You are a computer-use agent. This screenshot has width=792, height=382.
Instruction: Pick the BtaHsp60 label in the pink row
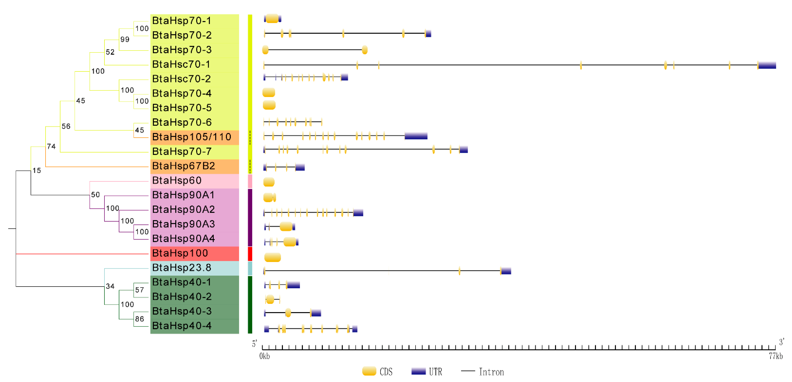point(177,180)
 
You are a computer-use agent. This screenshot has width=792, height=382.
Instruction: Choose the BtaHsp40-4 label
point(182,326)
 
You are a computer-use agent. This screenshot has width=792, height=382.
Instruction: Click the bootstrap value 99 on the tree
point(125,39)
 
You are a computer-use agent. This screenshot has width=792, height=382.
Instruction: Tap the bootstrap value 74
point(51,146)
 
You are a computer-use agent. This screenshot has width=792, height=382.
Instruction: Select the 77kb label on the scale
point(775,356)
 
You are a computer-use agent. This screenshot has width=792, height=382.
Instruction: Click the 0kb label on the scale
point(264,356)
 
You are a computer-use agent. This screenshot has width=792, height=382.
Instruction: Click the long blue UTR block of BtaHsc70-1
point(767,65)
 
